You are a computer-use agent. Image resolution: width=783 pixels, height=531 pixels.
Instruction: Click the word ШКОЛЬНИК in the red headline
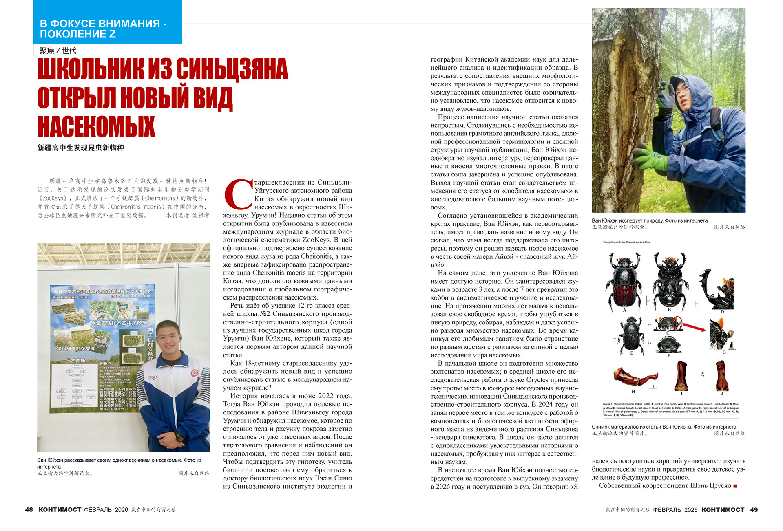click(91, 70)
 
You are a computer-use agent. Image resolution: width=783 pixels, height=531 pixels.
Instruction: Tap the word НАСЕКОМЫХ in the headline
click(96, 126)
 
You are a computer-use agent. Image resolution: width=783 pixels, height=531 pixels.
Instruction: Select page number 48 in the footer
click(29, 510)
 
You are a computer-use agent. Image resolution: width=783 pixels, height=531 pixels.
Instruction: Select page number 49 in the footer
click(754, 510)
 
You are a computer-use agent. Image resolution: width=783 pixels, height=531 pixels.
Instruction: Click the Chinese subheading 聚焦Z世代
click(58, 51)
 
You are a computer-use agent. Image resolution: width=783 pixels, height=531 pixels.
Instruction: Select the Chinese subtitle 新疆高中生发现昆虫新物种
click(80, 148)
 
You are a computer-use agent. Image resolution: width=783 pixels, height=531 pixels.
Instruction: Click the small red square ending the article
click(735, 486)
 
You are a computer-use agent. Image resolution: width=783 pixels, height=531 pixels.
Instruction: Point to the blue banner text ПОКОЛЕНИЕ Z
click(77, 34)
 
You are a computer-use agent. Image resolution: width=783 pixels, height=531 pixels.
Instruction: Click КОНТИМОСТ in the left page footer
click(60, 510)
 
